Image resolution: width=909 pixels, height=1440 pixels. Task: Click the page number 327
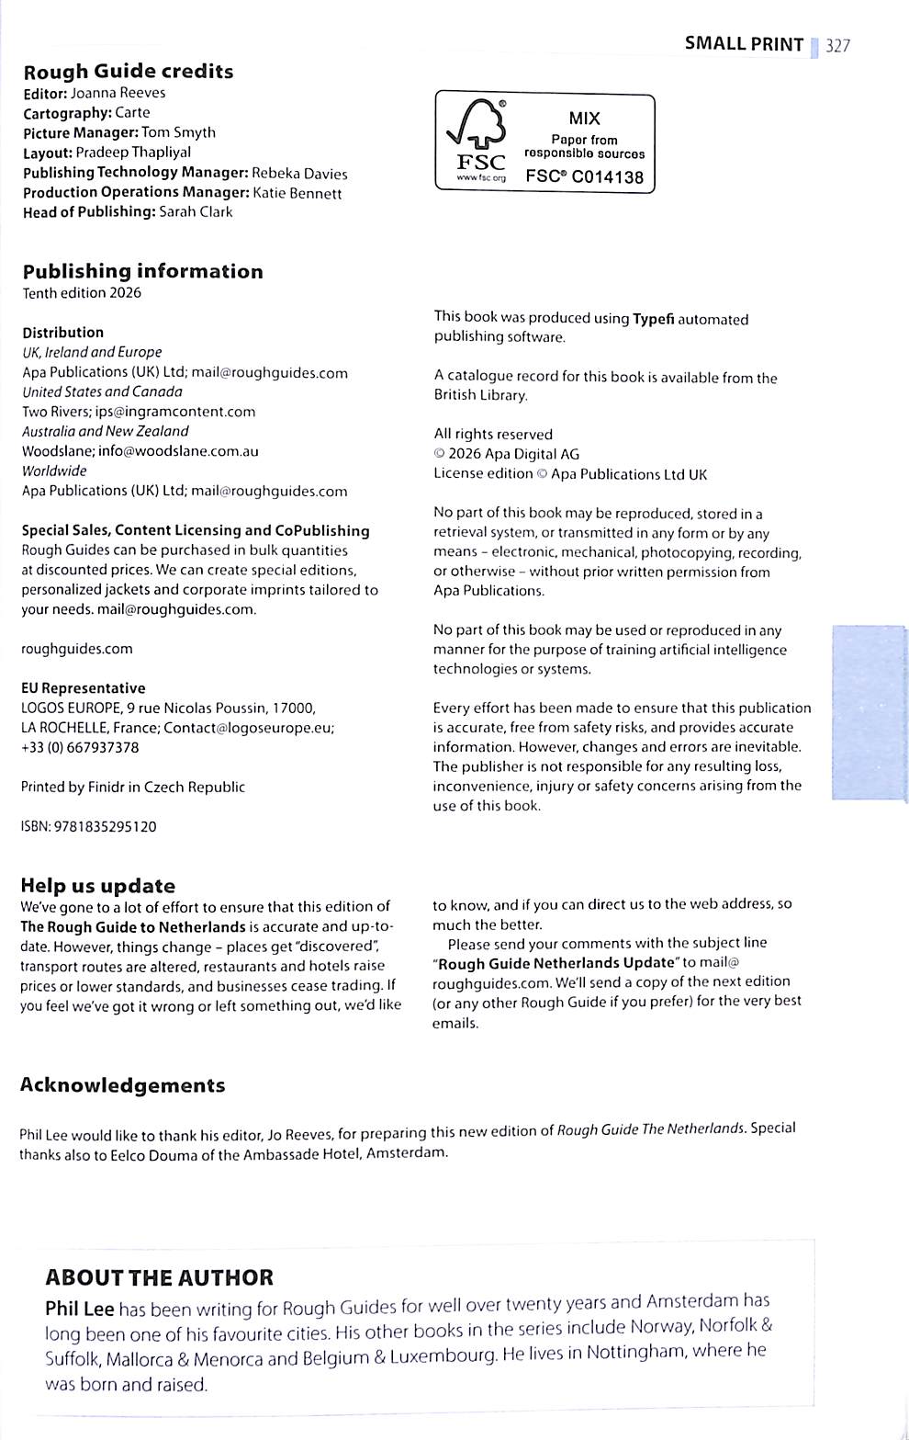[x=837, y=45]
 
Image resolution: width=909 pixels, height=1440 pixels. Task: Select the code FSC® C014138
[x=585, y=176]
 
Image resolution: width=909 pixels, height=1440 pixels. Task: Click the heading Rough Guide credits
[x=129, y=72]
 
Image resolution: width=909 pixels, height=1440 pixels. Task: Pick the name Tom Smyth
[x=178, y=132]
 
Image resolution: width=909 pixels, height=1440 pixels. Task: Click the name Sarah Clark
[x=196, y=211]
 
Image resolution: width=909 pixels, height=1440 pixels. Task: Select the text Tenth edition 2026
[x=82, y=293]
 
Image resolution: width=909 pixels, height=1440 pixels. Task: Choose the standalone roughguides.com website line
[x=77, y=649]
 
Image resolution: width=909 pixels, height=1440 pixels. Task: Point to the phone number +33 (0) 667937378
[x=80, y=748]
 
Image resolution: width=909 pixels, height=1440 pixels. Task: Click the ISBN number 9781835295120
[x=106, y=827]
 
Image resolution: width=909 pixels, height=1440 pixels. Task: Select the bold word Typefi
[x=653, y=319]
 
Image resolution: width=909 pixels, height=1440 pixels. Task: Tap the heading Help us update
[x=97, y=886]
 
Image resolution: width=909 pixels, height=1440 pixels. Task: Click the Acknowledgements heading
[x=122, y=1085]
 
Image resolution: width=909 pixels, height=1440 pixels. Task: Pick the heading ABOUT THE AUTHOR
[x=159, y=1277]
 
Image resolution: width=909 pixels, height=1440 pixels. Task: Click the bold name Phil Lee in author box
[x=80, y=1309]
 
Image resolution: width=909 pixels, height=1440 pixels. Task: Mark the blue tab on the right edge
[x=868, y=713]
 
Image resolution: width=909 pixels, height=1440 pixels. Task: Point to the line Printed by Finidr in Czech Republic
[x=133, y=788]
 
